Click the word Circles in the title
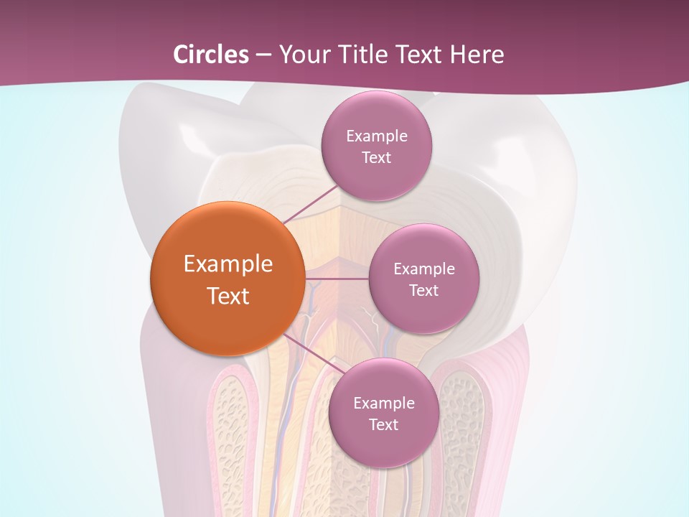211,55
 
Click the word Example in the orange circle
228,264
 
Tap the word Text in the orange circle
228,296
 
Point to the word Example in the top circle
377,136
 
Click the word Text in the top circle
376,157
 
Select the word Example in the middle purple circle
424,269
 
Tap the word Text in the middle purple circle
423,290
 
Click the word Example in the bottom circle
384,403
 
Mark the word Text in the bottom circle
383,424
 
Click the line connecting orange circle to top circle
311,204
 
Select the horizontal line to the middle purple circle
337,279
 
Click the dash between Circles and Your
263,55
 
